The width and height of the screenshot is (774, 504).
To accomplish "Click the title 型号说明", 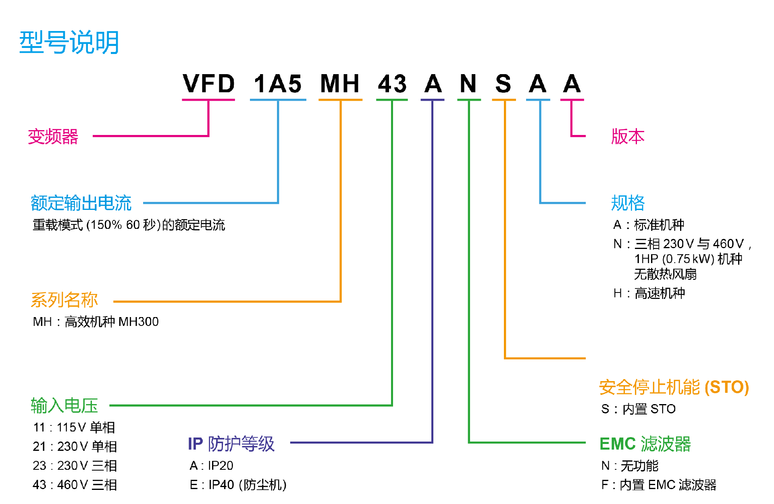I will click(x=69, y=42).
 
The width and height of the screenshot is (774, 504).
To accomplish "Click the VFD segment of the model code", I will click(x=208, y=84).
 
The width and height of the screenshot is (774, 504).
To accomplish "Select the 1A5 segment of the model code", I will click(x=278, y=84).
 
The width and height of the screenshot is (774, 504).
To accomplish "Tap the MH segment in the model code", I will click(x=340, y=84).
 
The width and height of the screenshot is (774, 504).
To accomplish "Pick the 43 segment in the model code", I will click(x=392, y=84).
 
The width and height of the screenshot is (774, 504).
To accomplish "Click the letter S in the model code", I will click(x=503, y=84).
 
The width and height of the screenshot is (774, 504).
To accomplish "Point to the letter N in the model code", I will click(x=468, y=84).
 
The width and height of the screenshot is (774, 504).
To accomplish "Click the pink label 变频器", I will click(x=53, y=137).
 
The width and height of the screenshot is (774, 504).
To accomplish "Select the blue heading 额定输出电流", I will click(x=81, y=203).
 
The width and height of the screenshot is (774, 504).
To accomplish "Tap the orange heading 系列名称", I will click(x=64, y=300).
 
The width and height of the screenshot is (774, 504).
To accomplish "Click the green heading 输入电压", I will click(x=64, y=405).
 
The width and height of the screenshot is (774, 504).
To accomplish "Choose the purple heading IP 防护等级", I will click(x=231, y=444).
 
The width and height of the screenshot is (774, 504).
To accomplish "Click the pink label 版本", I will click(x=628, y=137).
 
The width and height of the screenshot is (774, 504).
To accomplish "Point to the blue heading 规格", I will click(x=628, y=203).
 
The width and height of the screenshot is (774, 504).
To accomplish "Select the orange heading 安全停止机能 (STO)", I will click(x=674, y=387).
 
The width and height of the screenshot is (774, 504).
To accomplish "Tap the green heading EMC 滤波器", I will click(x=645, y=444).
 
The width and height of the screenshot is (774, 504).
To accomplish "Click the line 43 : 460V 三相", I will click(x=75, y=485).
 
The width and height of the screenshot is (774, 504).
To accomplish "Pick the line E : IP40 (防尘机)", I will click(x=238, y=485).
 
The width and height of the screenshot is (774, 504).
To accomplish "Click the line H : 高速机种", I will click(x=649, y=293).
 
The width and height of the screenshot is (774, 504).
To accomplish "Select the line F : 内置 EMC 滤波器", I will click(x=659, y=485).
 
